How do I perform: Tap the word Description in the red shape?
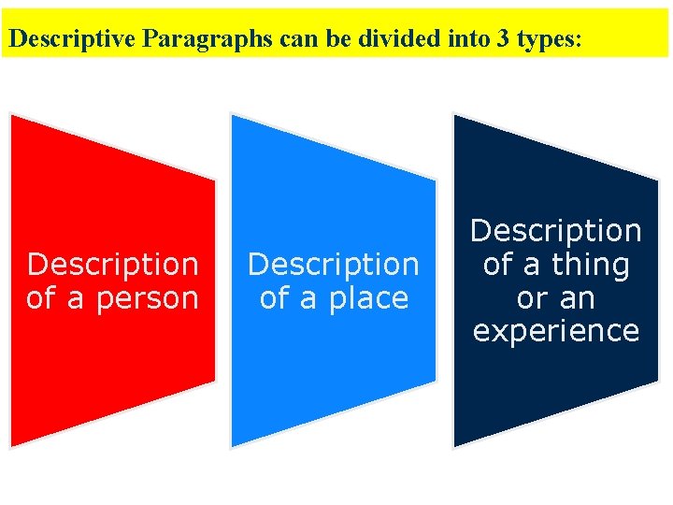[113, 265]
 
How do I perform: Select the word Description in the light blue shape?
[334, 265]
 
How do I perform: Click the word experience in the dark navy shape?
[556, 331]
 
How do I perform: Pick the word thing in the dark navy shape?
[590, 265]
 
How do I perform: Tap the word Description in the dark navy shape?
[556, 231]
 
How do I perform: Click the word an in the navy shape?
[577, 298]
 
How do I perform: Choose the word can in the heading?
[295, 40]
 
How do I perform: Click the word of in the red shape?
[41, 299]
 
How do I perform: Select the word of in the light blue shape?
[274, 299]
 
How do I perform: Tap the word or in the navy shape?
[531, 298]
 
